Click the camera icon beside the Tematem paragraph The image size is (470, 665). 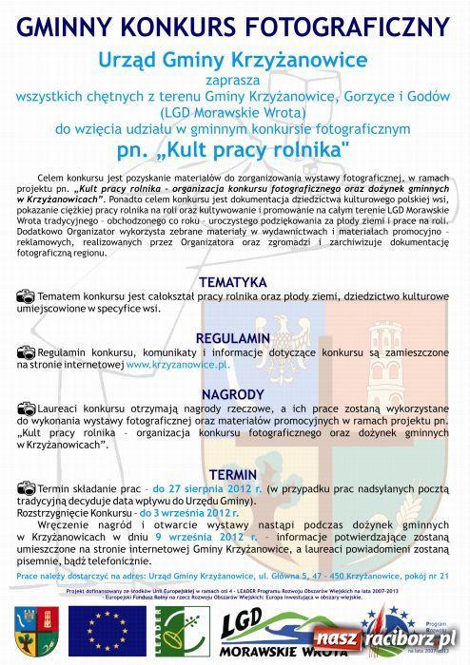pyautogui.click(x=26, y=297)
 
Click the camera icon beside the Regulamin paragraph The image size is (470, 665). pyautogui.click(x=26, y=353)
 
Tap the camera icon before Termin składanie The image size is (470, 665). pyautogui.click(x=26, y=488)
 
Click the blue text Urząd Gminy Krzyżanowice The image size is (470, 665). pyautogui.click(x=233, y=60)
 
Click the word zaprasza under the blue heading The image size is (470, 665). pyautogui.click(x=233, y=81)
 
